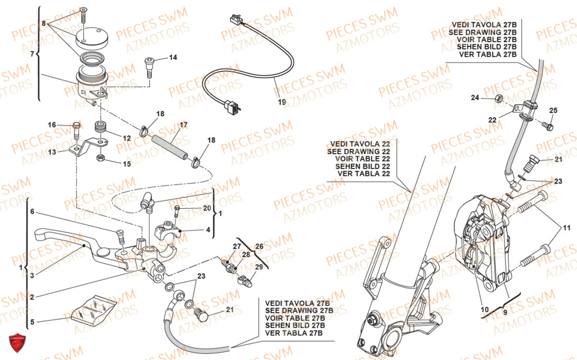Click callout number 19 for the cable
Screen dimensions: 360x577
tap(282, 103)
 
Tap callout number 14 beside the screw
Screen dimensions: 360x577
tap(173, 57)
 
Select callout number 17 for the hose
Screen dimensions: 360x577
tap(183, 125)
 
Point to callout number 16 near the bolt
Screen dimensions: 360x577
tap(52, 125)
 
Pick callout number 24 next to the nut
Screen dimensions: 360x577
tap(475, 97)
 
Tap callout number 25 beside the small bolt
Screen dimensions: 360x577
tap(553, 110)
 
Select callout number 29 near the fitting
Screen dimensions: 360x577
tap(258, 267)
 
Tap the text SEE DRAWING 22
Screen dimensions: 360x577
tap(358, 151)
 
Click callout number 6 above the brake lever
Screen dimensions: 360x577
tap(33, 212)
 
